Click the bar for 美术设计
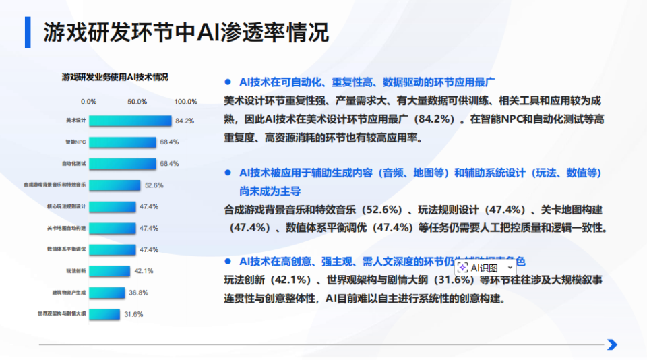pyautogui.click(x=130, y=121)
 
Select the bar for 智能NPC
pyautogui.click(x=123, y=142)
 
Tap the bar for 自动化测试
pyautogui.click(x=123, y=164)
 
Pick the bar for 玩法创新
pyautogui.click(x=110, y=271)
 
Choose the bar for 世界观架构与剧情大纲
pyautogui.click(x=104, y=314)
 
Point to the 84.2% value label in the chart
pyautogui.click(x=185, y=121)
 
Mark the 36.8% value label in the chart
pyautogui.click(x=138, y=293)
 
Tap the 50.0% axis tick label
pyautogui.click(x=137, y=102)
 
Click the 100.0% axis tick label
pyautogui.click(x=185, y=102)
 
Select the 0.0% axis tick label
pyautogui.click(x=88, y=102)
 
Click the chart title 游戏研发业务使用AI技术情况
pyautogui.click(x=115, y=78)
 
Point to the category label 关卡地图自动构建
pyautogui.click(x=67, y=228)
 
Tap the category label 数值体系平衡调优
pyautogui.click(x=67, y=249)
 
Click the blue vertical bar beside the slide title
pyautogui.click(x=28, y=31)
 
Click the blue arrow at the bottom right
pyautogui.click(x=612, y=344)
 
